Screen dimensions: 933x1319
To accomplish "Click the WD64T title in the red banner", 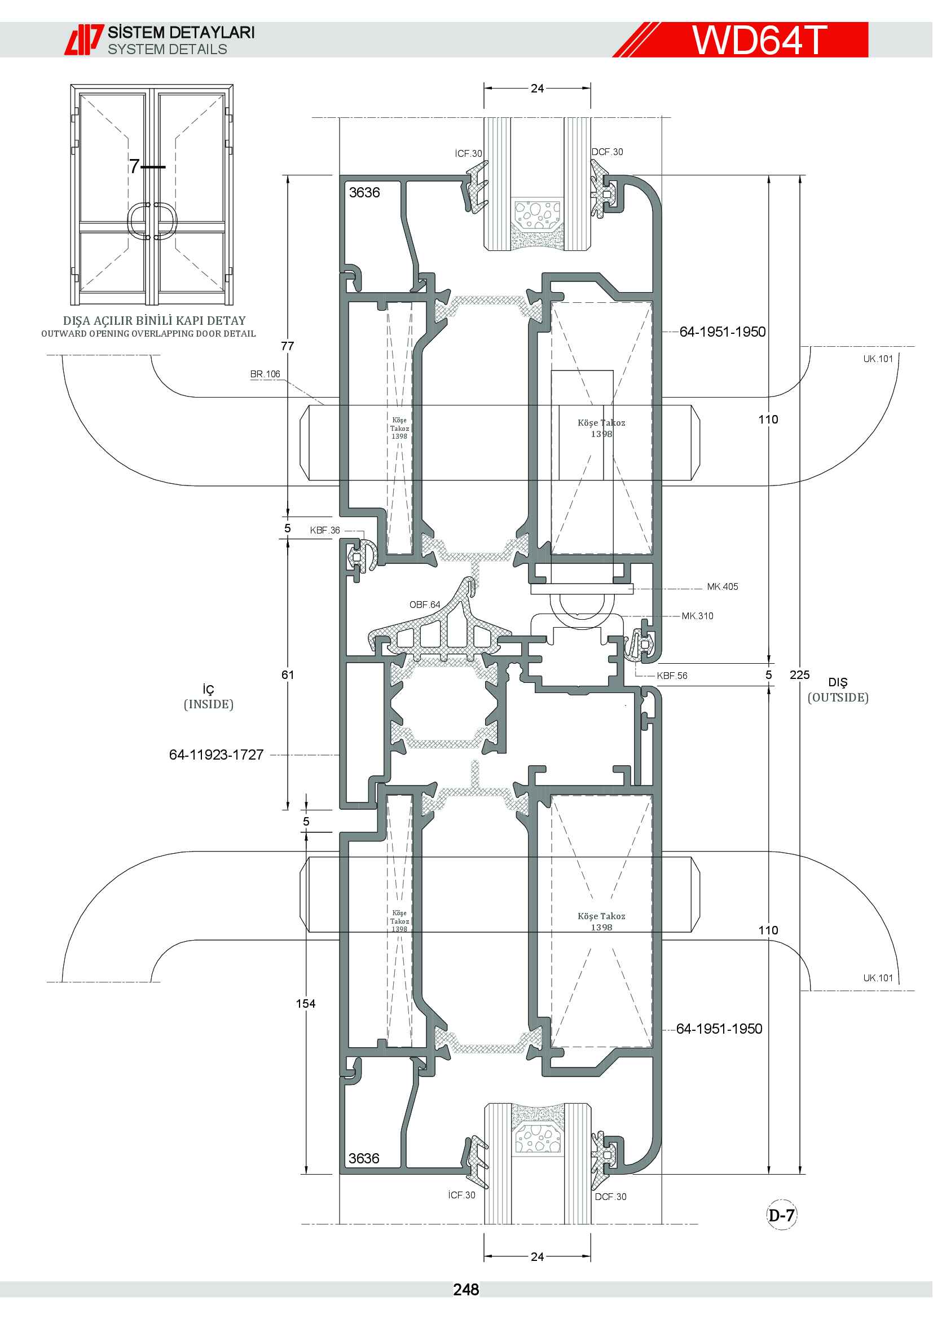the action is tap(759, 39).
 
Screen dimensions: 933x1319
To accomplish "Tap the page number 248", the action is tap(466, 1290).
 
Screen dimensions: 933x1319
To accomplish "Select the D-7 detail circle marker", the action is tap(782, 1215).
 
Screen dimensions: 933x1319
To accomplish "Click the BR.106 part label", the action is tap(265, 374).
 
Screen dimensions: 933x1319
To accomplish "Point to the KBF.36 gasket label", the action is tap(325, 530).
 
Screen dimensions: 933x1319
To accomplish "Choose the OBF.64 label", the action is tap(425, 605).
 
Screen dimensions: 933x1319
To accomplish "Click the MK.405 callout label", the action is tap(722, 586).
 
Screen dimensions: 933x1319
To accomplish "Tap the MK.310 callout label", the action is tap(697, 616).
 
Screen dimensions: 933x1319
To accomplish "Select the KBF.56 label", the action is tap(672, 676).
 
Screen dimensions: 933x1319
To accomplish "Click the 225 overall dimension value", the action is tap(799, 675).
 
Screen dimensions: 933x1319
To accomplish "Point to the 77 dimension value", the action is tap(287, 346).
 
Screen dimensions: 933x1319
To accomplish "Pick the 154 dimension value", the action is tap(306, 1004).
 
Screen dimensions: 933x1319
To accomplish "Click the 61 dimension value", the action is tap(288, 675).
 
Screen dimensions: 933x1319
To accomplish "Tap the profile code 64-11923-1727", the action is tap(216, 755).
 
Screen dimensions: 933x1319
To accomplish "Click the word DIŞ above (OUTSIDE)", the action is tap(838, 682).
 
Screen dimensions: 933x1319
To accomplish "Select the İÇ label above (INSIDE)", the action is tap(209, 689).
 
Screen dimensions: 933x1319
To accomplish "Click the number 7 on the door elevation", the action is tap(134, 166).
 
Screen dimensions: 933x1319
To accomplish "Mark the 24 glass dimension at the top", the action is tap(537, 89).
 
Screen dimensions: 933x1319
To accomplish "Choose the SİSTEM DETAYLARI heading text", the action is tap(182, 32).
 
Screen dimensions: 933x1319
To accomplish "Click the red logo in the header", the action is tap(84, 39).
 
